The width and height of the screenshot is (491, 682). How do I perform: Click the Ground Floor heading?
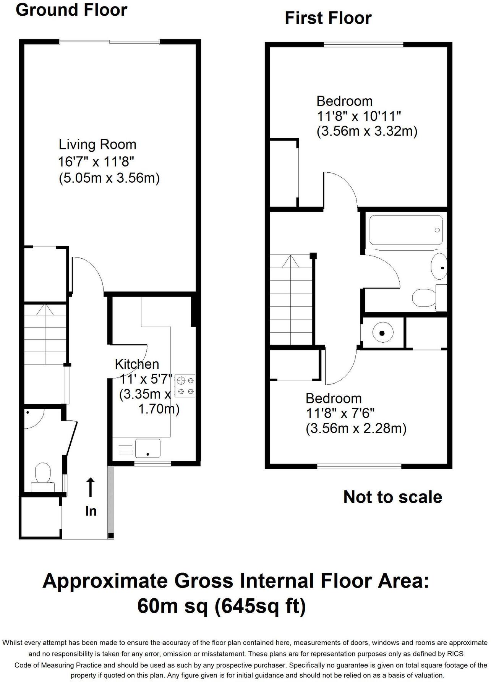coord(71,10)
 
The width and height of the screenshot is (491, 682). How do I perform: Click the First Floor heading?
coord(328,18)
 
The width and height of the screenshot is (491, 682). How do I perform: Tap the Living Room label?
coord(97,145)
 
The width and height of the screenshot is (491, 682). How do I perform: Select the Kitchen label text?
coord(137,364)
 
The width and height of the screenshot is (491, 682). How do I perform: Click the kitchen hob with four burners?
coord(185,386)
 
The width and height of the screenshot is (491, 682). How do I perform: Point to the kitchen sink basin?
coord(147,448)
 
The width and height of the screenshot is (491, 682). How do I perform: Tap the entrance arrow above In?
coord(90,487)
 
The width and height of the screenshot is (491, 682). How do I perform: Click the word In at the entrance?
coord(91,511)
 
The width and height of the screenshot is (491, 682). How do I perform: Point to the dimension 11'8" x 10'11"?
coord(358,116)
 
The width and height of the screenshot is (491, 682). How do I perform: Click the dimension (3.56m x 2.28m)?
coord(356,429)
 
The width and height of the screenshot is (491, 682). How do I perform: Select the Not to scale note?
coord(392,497)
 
